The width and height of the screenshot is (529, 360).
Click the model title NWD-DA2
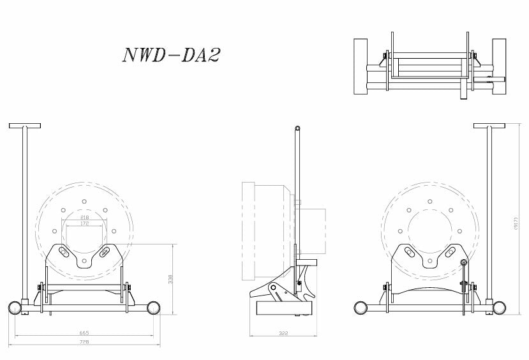[x=170, y=56]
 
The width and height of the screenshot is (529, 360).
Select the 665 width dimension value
[x=84, y=333]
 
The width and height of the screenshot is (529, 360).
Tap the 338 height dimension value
[x=170, y=279]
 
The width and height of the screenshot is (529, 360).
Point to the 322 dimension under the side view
[x=283, y=333]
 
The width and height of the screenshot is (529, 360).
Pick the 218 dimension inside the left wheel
[x=84, y=218]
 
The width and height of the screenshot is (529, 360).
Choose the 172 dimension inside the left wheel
[x=84, y=224]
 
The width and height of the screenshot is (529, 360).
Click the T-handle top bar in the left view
[x=25, y=125]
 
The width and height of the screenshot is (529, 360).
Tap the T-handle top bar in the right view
[x=489, y=125]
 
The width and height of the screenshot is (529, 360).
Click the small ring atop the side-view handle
[x=297, y=128]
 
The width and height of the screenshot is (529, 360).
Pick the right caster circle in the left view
[x=154, y=308]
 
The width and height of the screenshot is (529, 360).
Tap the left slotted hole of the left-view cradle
[x=64, y=253]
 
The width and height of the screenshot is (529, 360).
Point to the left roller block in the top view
[x=361, y=67]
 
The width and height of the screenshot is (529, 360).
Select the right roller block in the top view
[x=499, y=67]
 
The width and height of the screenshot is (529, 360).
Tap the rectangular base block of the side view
[x=283, y=310]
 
